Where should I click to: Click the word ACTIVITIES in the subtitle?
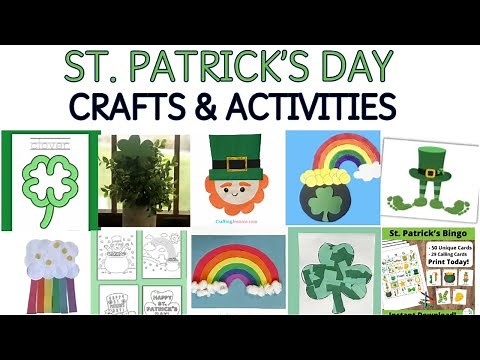324,104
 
